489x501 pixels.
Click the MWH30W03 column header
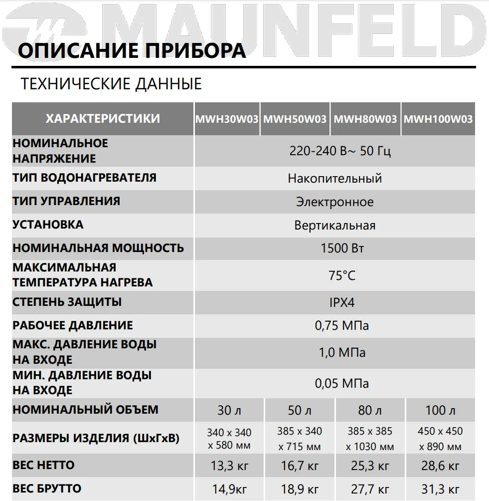pos(227,119)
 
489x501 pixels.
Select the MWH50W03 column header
pos(295,119)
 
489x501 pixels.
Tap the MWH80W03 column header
pos(365,119)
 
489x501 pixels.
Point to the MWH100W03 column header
pos(438,119)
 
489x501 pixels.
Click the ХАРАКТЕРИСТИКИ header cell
pos(103,119)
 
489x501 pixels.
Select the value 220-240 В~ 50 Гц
pos(340,151)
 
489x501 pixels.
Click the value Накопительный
pos(334,178)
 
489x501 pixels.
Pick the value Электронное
pos(334,202)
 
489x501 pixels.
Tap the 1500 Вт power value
pos(342,249)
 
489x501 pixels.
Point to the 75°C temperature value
pos(342,275)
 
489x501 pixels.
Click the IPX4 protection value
pos(342,302)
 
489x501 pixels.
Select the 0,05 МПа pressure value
pos(342,383)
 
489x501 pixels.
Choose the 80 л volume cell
pos(370,411)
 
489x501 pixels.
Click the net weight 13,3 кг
pos(229,467)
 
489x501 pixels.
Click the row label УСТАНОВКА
pos(48,225)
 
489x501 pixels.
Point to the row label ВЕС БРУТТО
pos(47,488)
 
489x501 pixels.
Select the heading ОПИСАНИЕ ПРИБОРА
pos(132,50)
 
